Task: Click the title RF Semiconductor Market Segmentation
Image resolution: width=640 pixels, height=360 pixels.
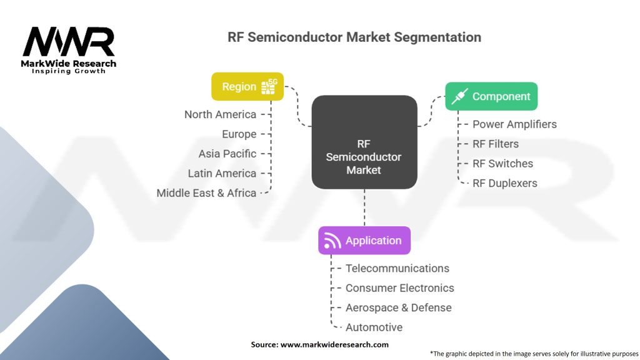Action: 354,37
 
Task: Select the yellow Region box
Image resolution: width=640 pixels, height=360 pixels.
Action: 247,86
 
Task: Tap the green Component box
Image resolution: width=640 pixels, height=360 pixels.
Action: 491,96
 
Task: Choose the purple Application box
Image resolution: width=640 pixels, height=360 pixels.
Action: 364,241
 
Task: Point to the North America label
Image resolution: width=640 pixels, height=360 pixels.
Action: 220,114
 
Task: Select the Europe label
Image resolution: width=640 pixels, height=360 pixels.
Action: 239,134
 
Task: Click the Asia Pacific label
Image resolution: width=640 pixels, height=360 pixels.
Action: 227,154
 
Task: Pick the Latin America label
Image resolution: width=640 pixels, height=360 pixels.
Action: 222,173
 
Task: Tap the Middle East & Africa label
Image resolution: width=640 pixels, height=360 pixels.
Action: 206,193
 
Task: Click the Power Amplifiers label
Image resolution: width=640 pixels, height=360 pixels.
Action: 514,124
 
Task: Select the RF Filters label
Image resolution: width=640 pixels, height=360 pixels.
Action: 496,144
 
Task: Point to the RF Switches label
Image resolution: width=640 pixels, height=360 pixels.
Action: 502,164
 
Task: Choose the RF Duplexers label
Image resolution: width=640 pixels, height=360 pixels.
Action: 504,183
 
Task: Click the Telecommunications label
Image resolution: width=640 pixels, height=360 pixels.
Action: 397,268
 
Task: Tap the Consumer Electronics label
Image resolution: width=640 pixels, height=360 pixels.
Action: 400,288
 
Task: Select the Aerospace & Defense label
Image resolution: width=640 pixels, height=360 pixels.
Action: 398,307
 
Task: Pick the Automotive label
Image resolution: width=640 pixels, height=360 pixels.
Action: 374,327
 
